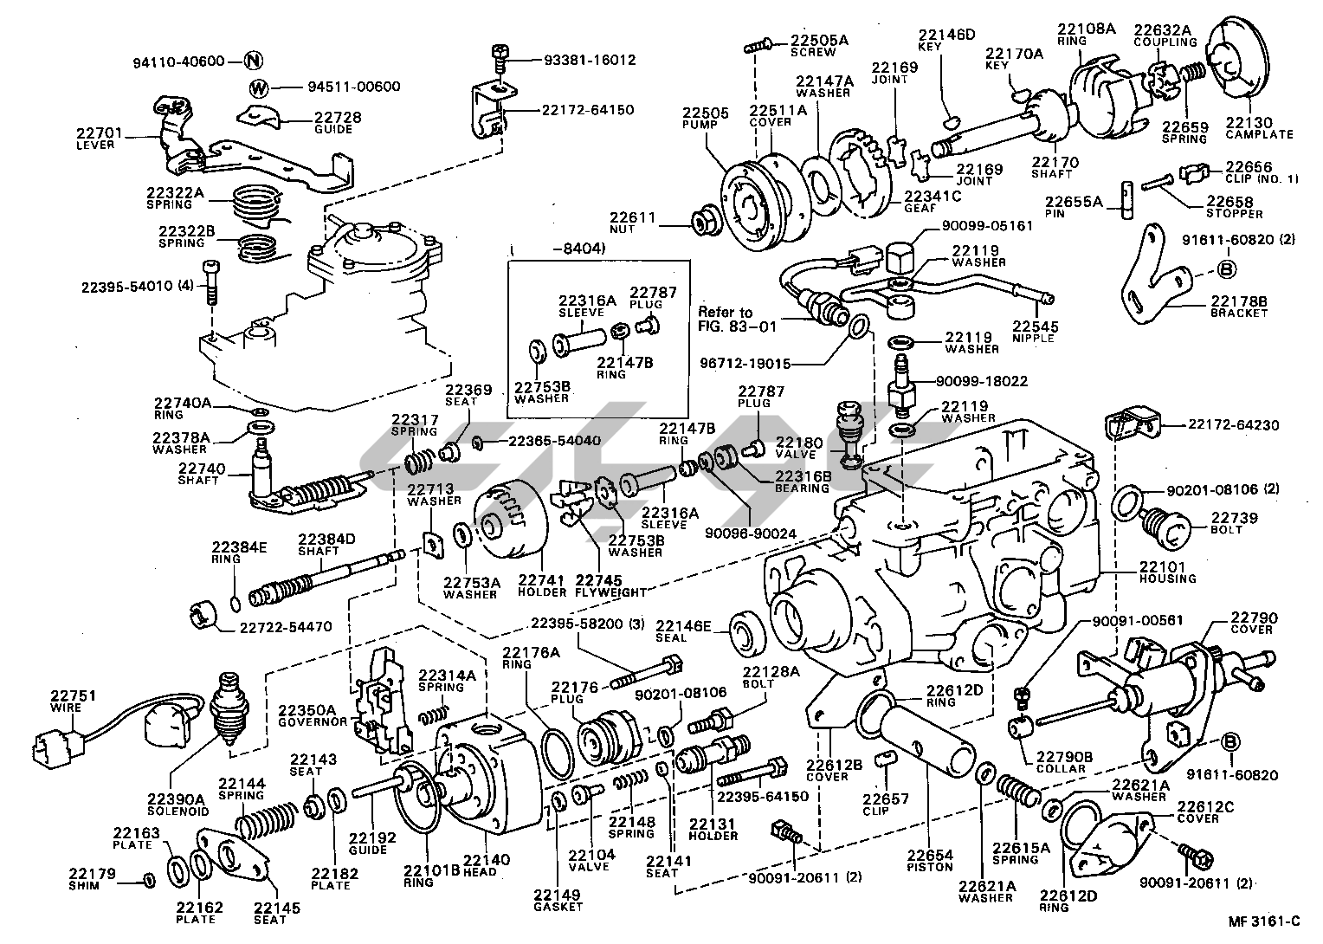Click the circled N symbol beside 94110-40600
253,61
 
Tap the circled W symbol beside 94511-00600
258,87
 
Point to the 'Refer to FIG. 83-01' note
726,319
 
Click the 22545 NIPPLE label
1033,332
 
